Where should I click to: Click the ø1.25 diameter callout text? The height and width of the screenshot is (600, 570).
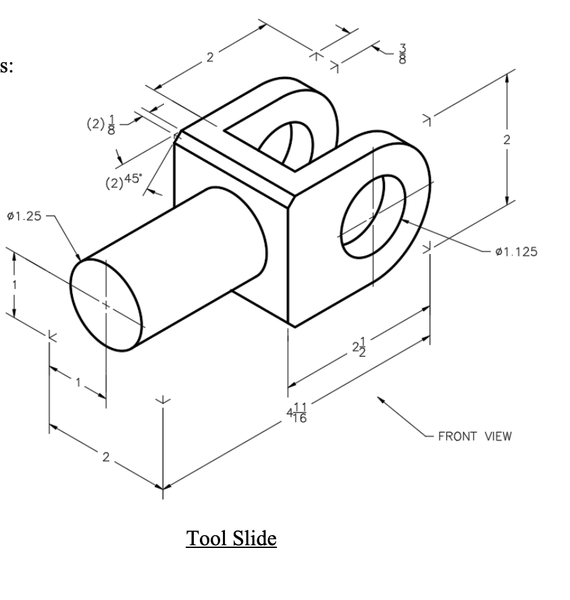coord(24,216)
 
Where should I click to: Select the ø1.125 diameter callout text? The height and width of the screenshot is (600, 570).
coord(516,252)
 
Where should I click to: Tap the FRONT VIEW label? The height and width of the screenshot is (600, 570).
coord(475,436)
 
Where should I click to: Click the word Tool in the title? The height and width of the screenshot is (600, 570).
coord(206,539)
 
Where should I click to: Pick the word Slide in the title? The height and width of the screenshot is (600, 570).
coord(255,539)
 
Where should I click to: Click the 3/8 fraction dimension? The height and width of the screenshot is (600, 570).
coord(403,53)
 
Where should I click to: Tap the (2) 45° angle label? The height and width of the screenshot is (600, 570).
coord(123,180)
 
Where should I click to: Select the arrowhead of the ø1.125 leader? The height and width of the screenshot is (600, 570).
coord(403,220)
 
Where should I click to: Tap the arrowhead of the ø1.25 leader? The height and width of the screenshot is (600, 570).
coord(80,259)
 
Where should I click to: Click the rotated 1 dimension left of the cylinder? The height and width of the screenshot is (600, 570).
coord(11,284)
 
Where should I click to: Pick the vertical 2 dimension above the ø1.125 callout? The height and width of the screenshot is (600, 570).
coord(507,140)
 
